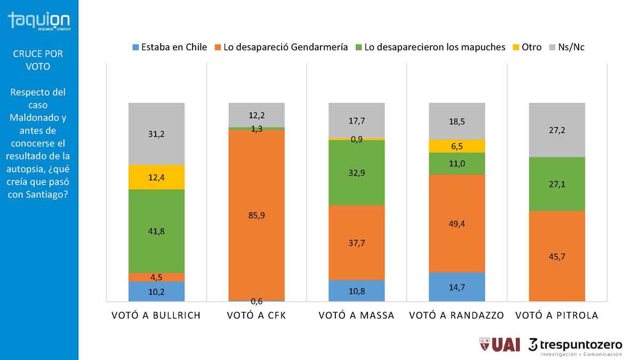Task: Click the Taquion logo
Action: tap(38, 21)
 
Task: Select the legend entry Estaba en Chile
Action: tap(170, 47)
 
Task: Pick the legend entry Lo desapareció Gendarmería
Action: tap(282, 47)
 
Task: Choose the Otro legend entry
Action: tap(527, 47)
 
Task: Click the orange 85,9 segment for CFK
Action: tap(257, 215)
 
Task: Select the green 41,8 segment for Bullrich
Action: tap(156, 231)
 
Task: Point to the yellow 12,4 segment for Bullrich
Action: tap(156, 177)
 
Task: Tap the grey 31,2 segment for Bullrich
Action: tap(156, 134)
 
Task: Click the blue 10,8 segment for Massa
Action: tap(356, 291)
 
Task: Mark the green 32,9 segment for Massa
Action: tap(356, 173)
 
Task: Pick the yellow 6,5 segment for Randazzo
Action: tap(457, 146)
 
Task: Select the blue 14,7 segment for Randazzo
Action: tap(457, 287)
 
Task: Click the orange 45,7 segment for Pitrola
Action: tap(557, 257)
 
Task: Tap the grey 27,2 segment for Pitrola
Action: tap(557, 130)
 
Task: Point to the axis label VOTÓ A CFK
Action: tap(257, 315)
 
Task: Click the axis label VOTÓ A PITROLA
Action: tap(557, 315)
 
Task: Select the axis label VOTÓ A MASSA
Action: tap(356, 315)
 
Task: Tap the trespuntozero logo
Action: tap(575, 346)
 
